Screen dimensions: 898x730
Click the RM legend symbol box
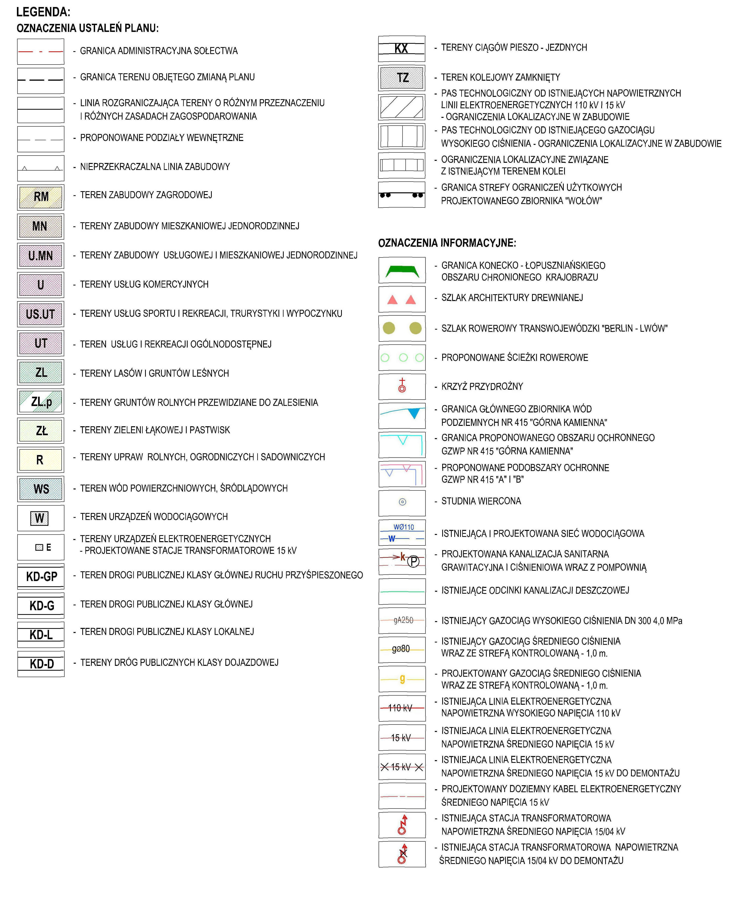41,197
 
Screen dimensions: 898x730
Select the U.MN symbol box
41,255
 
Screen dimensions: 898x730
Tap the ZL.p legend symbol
41,402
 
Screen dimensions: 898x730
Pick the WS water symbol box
41,489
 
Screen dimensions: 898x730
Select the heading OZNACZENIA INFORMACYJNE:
447,243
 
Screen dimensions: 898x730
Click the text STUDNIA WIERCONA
481,501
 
